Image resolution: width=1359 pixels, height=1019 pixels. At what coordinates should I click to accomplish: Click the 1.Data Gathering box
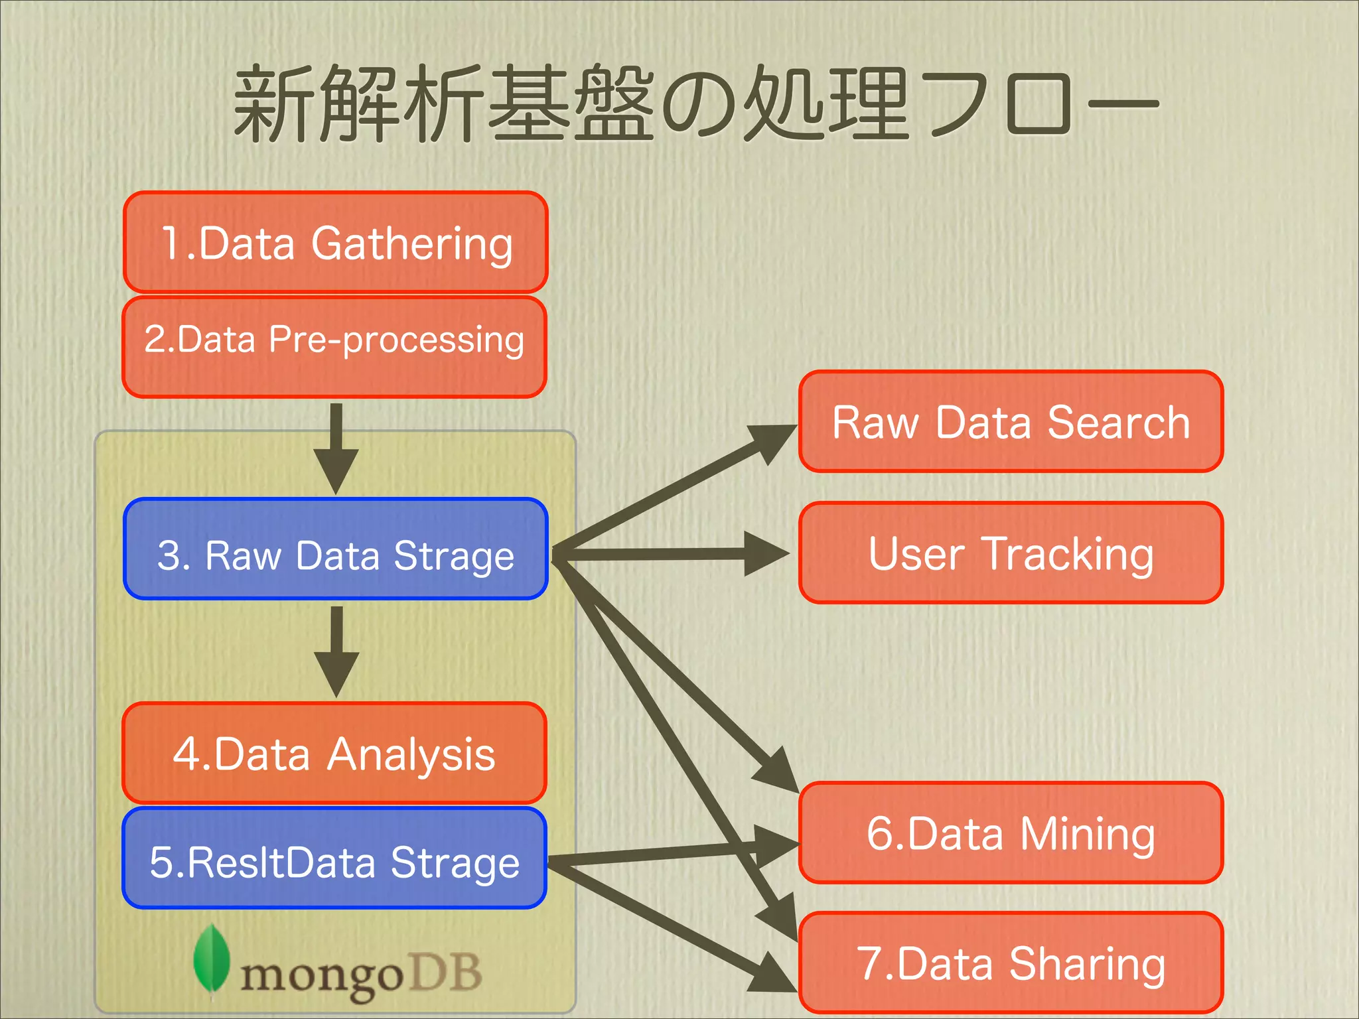tap(335, 242)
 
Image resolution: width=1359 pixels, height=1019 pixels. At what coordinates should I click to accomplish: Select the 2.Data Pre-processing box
tap(334, 347)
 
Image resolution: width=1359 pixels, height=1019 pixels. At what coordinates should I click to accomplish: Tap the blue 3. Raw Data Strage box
tap(336, 549)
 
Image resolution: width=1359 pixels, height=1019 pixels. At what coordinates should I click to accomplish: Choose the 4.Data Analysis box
tap(334, 753)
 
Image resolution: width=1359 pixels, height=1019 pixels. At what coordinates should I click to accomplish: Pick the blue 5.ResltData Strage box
tap(334, 858)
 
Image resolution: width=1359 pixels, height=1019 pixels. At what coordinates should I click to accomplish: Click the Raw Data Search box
tap(1011, 421)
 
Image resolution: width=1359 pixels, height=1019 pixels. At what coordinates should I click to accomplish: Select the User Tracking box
tap(1011, 553)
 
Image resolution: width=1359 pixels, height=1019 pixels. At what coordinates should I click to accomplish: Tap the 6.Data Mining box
tap(1011, 833)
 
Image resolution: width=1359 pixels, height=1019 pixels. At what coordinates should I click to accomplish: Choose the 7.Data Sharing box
tap(1011, 963)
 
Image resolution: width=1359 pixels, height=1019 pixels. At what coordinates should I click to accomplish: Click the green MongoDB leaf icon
tap(211, 959)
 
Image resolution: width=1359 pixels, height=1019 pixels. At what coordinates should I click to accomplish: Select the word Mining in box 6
tap(1088, 834)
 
